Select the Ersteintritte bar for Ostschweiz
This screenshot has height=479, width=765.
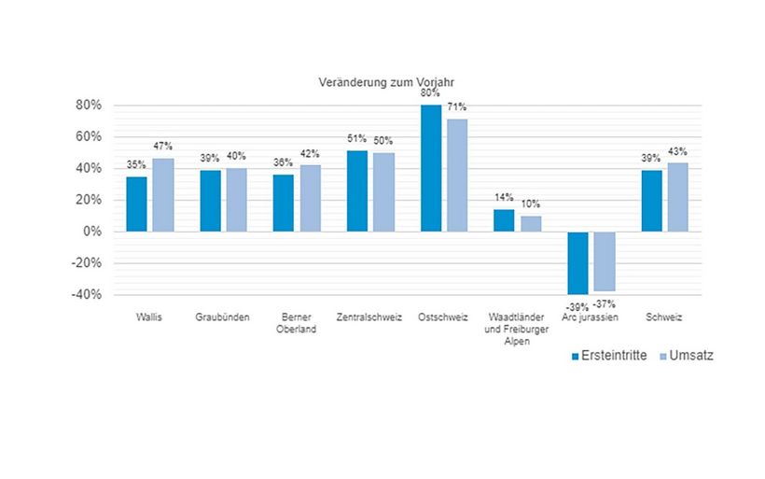click(x=431, y=168)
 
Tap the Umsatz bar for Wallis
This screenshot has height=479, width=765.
click(x=163, y=194)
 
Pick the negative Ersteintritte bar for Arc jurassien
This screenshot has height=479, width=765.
click(x=577, y=262)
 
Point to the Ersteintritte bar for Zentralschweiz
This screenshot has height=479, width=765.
click(x=357, y=190)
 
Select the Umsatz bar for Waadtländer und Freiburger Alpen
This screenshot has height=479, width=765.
click(x=531, y=223)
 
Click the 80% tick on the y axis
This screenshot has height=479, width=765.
click(x=88, y=105)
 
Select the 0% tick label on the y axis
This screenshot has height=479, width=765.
click(x=90, y=232)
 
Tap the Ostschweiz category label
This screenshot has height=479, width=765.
click(x=443, y=317)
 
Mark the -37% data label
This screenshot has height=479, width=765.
click(x=605, y=303)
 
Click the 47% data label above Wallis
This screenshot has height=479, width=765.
click(x=162, y=147)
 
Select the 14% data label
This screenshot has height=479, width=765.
click(x=504, y=198)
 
